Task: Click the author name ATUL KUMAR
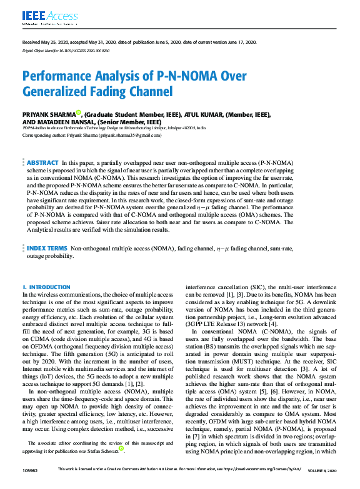click(201, 115)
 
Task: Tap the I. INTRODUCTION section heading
click(47, 287)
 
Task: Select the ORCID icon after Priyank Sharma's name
click(79, 114)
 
